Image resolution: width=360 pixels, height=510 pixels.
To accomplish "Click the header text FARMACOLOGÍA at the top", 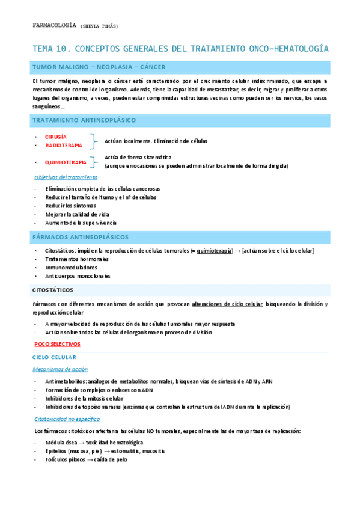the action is tap(53, 26).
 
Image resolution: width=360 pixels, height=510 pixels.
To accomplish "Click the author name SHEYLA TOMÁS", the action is tap(99, 26).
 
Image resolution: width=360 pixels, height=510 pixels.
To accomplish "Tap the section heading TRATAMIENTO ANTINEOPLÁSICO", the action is tap(84, 121).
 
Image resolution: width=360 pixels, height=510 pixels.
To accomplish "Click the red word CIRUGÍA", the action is tap(56, 137).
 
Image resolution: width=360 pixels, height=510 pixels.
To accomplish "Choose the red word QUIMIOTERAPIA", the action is tap(66, 162).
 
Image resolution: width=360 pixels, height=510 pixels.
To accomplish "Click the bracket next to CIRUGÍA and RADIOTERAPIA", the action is tap(93, 141).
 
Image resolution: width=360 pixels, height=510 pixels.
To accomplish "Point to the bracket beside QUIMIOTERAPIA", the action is tap(94, 162).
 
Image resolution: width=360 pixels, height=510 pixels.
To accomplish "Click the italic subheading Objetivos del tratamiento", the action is tap(66, 177).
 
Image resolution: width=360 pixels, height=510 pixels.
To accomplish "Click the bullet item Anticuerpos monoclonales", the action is tap(78, 276).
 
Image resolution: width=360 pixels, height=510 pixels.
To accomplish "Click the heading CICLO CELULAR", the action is tap(55, 357).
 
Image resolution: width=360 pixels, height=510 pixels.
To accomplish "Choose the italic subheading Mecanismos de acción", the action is tap(60, 369).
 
